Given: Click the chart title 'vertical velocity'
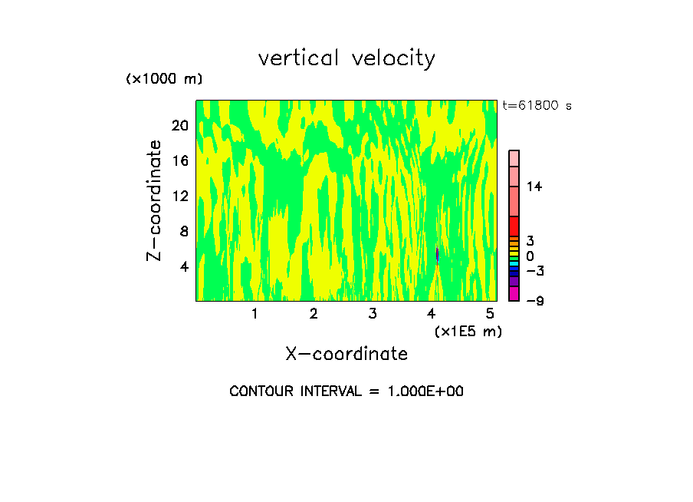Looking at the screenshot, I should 346,58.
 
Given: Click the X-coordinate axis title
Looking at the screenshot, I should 346,354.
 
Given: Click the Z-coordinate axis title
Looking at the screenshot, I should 155,200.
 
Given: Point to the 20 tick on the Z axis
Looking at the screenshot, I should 179,126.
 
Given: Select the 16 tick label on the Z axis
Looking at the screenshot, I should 179,161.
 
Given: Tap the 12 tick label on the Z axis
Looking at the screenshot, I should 179,196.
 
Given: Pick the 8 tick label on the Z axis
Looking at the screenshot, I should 182,231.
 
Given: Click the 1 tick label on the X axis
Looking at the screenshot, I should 255,313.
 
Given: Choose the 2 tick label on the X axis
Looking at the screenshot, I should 314,313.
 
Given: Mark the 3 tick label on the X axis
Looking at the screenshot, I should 373,313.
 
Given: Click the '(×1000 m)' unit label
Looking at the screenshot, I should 164,80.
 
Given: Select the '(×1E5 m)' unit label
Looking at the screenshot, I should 468,331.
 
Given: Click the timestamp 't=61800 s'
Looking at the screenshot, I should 537,106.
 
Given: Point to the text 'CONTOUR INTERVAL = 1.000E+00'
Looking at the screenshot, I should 346,391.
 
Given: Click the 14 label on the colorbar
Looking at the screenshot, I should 534,187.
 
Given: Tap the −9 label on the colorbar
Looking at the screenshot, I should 534,301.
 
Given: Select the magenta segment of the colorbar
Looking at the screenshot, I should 514,293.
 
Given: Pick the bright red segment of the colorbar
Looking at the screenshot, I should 514,226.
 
